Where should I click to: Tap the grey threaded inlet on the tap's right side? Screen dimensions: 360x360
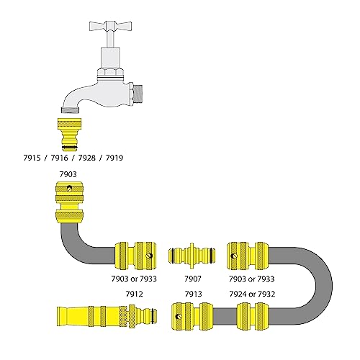click(x=138, y=93)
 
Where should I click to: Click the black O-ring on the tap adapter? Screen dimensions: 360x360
click(x=70, y=147)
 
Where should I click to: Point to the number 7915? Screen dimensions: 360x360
click(x=32, y=158)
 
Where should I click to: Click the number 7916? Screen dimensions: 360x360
click(x=59, y=158)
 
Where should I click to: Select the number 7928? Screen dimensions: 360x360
click(x=87, y=158)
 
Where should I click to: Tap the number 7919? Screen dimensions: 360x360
click(x=114, y=158)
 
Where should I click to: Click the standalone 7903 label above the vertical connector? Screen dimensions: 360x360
click(x=68, y=174)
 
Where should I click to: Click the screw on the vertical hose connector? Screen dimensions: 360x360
click(x=70, y=189)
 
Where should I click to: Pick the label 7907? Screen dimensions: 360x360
click(x=193, y=279)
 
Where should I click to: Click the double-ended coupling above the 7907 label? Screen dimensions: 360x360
click(x=192, y=256)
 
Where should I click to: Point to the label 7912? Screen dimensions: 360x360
click(x=134, y=294)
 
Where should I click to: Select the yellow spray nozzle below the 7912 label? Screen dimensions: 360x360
click(x=107, y=316)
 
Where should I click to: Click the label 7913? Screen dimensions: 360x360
click(x=193, y=294)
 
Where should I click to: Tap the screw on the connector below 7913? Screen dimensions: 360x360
click(x=179, y=317)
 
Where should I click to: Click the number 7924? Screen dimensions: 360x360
click(x=238, y=294)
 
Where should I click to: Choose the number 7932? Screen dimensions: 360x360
click(x=266, y=294)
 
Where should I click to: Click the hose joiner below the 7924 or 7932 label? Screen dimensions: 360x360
click(x=253, y=316)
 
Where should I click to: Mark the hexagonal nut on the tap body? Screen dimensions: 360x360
click(x=110, y=72)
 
